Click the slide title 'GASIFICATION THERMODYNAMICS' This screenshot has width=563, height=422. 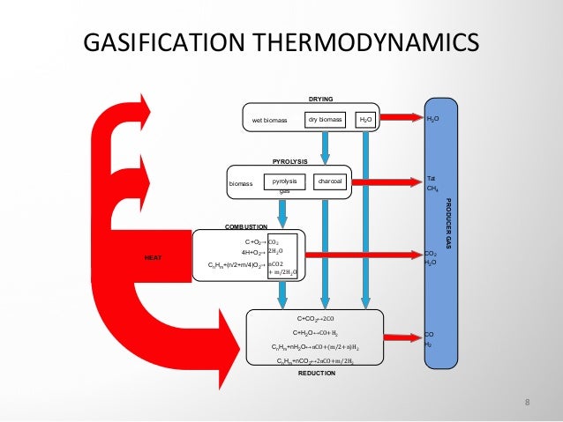pyautogui.click(x=280, y=41)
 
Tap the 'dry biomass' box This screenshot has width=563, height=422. pyautogui.click(x=325, y=118)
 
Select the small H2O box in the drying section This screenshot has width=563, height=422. pyautogui.click(x=365, y=118)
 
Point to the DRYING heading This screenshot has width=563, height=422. pyautogui.click(x=320, y=99)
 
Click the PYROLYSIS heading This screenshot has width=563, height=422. pyautogui.click(x=289, y=161)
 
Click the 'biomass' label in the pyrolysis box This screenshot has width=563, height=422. pyautogui.click(x=241, y=184)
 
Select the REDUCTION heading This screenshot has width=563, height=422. pyautogui.click(x=317, y=374)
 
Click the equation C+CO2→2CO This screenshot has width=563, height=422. pyautogui.click(x=316, y=319)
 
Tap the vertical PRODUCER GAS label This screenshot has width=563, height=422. pyautogui.click(x=449, y=225)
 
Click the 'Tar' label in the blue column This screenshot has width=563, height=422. pyautogui.click(x=432, y=177)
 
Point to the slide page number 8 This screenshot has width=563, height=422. pyautogui.click(x=527, y=403)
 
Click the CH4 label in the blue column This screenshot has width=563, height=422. pyautogui.click(x=433, y=188)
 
